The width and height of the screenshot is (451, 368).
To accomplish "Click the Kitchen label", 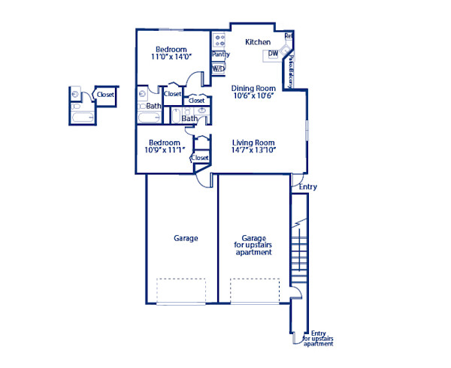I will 258,42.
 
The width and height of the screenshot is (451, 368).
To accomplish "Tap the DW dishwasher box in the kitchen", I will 272,54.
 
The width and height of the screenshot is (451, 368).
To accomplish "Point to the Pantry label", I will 220,55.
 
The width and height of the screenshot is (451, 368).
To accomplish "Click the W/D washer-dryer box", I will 219,68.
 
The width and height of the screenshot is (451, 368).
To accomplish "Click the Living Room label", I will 253,143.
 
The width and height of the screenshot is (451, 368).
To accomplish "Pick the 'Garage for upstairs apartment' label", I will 253,245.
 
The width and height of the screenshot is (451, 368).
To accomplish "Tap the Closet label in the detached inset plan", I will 105,95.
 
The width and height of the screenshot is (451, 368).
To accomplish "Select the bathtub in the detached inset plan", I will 79,115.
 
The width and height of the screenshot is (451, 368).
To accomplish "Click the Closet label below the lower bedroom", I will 200,158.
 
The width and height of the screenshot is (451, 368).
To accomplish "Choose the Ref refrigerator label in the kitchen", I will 289,36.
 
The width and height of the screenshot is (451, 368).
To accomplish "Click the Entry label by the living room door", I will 307,187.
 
